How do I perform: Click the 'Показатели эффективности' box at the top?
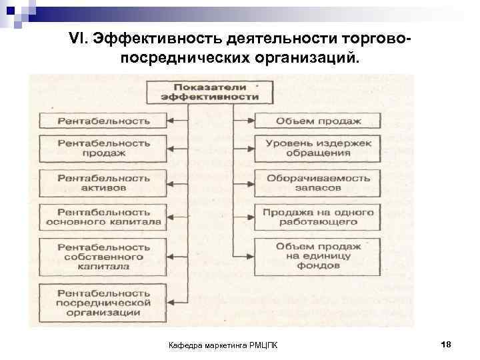click(x=209, y=92)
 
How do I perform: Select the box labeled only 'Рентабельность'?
click(x=102, y=121)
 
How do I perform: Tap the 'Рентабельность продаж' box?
click(x=102, y=148)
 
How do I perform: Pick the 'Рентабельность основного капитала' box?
click(x=102, y=217)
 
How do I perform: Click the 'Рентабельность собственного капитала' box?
click(x=102, y=256)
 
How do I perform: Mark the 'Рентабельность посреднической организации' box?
click(x=102, y=301)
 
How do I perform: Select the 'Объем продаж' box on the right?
click(x=318, y=121)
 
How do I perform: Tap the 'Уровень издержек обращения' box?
click(x=318, y=148)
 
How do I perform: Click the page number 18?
click(x=446, y=343)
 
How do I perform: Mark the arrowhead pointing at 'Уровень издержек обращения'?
click(x=251, y=148)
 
